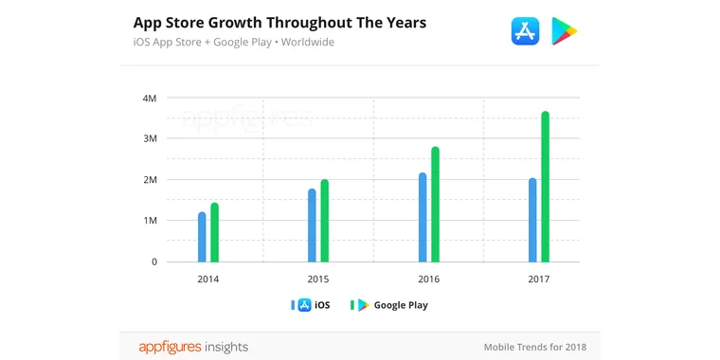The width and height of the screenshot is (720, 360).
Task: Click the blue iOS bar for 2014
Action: click(202, 237)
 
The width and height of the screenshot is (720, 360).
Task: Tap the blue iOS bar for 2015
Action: click(312, 225)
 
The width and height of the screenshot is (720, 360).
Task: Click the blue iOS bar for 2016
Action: click(423, 217)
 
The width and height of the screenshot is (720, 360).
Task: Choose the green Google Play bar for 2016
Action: click(435, 205)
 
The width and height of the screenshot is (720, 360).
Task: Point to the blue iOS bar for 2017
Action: click(532, 220)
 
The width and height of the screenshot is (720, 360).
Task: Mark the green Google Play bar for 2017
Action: click(545, 187)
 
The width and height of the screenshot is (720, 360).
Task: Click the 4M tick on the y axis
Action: click(149, 98)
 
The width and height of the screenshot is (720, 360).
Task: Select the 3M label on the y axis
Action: click(149, 138)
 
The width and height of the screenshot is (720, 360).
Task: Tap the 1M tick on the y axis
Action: click(149, 221)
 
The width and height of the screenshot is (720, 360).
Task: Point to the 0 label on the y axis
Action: click(153, 261)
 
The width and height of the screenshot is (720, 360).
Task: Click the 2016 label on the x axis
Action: click(428, 279)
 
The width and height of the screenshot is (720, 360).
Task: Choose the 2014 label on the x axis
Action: click(208, 279)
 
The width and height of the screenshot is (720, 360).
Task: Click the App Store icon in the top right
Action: click(524, 31)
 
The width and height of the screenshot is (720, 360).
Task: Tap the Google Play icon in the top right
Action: click(565, 31)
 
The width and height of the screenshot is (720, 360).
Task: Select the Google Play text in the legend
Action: click(401, 305)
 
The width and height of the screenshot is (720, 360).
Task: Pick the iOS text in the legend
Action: click(322, 305)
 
